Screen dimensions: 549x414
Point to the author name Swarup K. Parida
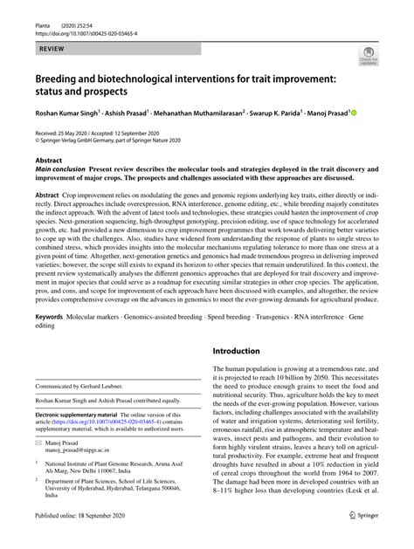[283, 113]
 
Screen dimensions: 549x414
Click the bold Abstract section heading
[49, 161]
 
